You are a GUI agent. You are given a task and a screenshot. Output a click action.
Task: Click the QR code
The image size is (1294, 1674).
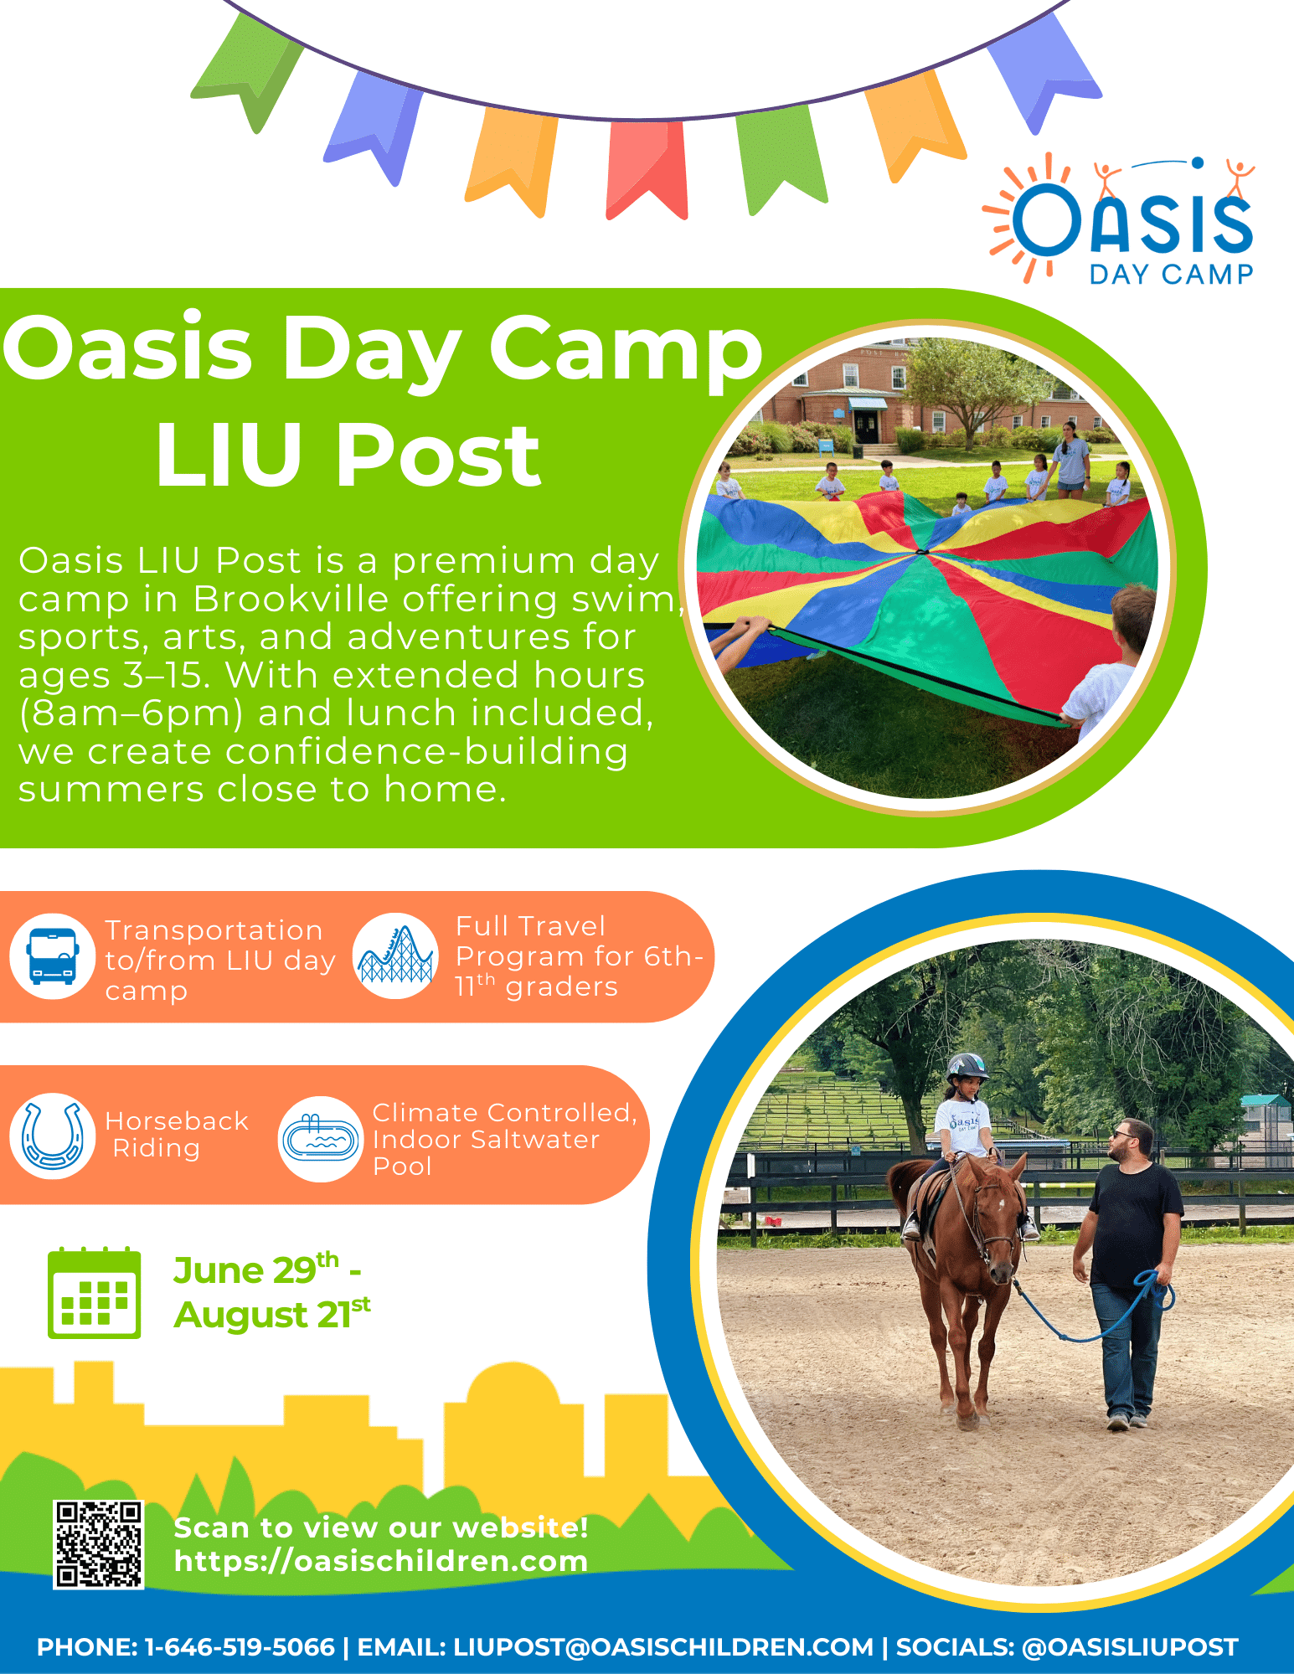[x=99, y=1544]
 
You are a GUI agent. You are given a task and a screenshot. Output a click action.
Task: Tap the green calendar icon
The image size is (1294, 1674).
[x=94, y=1293]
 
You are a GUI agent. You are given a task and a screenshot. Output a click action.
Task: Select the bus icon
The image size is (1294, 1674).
[x=52, y=955]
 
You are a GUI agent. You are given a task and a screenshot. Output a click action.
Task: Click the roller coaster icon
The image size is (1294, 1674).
[x=396, y=955]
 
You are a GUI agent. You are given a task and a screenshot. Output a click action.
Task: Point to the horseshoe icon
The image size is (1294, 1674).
[x=52, y=1136]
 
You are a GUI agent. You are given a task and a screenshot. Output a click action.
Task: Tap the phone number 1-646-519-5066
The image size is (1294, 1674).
[x=240, y=1647]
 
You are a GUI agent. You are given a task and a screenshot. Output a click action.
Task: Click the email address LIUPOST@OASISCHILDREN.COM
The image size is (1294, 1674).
[x=663, y=1647]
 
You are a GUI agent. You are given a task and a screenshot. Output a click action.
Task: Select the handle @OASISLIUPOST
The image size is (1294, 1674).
[x=1130, y=1647]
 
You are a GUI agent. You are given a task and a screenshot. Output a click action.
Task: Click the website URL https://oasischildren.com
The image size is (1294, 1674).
[x=381, y=1561]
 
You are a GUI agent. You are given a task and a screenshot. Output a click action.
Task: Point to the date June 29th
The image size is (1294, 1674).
[x=256, y=1270]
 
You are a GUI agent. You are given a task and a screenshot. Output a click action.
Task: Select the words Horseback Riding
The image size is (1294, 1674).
[x=177, y=1134]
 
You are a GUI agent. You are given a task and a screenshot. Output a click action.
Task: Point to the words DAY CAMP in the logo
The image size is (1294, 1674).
[x=1171, y=274]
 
